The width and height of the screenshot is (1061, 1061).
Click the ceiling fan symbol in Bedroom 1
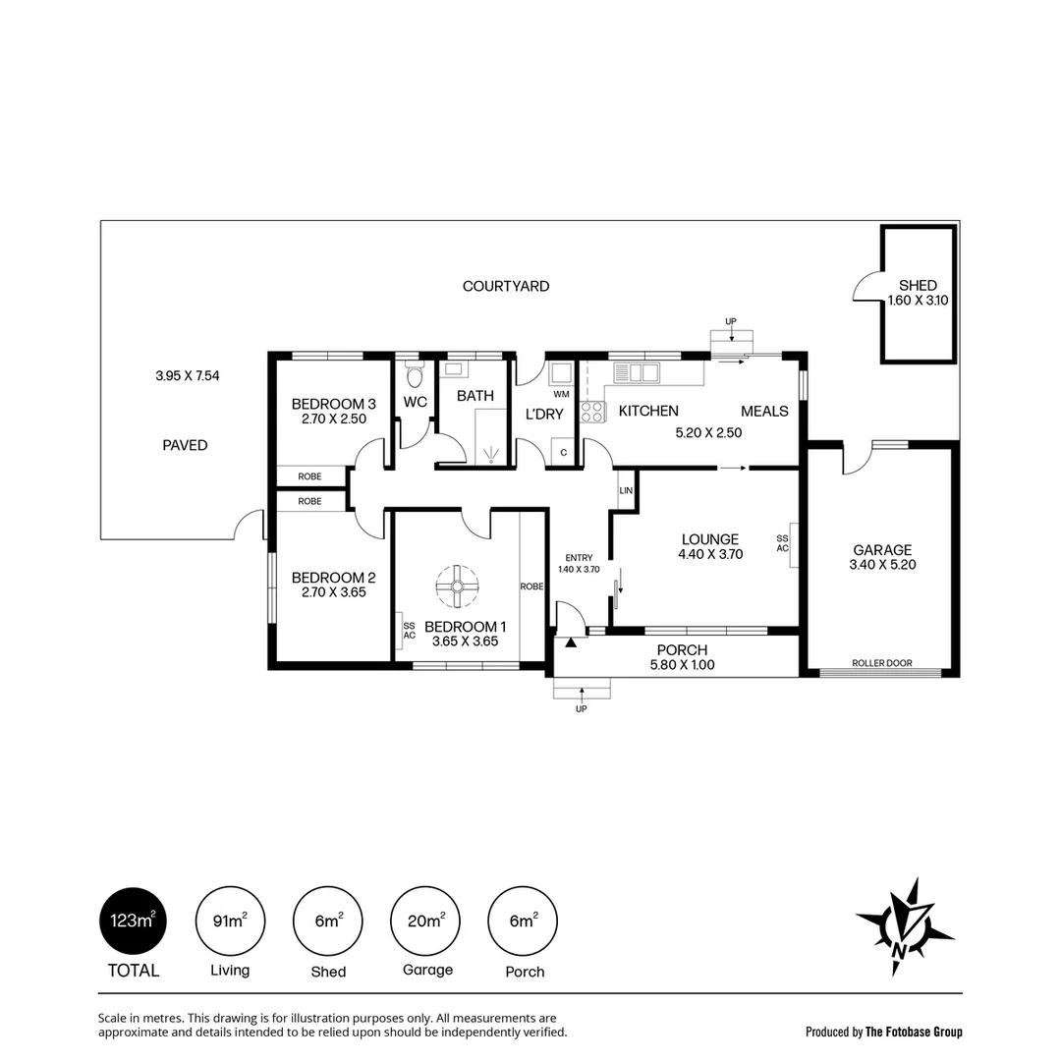[457, 586]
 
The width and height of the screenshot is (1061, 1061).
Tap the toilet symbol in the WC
[415, 375]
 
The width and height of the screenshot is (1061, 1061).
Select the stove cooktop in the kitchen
[592, 412]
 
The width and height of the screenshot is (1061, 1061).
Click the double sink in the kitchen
[637, 372]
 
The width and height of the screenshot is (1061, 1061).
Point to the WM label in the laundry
[561, 394]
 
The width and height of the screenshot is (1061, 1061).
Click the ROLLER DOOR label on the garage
[881, 663]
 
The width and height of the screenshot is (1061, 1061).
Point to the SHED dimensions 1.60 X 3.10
[918, 302]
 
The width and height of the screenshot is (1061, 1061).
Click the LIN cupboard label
[626, 490]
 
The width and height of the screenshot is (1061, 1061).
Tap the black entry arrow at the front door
[571, 641]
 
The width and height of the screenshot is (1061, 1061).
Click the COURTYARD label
[506, 286]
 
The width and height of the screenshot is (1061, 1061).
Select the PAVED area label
[185, 445]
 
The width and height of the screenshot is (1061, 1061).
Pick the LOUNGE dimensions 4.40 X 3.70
[709, 554]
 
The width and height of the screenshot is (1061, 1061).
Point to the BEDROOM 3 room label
[334, 404]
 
